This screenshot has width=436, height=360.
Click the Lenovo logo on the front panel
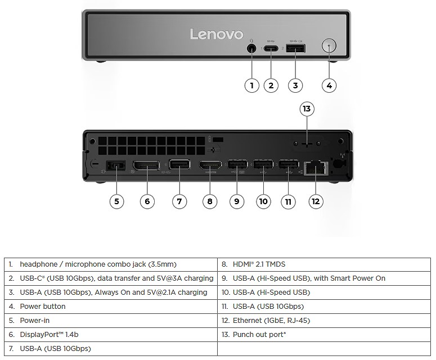216,34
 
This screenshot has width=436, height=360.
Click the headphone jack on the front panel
251,48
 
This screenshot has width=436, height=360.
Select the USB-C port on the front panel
271,48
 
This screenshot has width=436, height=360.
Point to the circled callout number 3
295,85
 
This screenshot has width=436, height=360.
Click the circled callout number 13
307,109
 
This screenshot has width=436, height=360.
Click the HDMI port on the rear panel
210,166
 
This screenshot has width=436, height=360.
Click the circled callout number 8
209,201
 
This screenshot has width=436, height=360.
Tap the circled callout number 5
116,201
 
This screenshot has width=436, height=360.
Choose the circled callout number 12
317,201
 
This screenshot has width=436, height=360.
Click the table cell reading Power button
110,307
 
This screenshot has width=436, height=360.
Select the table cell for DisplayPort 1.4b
110,335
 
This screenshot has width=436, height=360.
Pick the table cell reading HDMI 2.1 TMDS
320,264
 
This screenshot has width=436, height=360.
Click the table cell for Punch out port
320,335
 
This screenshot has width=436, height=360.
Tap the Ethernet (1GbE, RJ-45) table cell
320,321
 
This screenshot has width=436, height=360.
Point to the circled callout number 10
263,201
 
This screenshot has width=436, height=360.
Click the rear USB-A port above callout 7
179,166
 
